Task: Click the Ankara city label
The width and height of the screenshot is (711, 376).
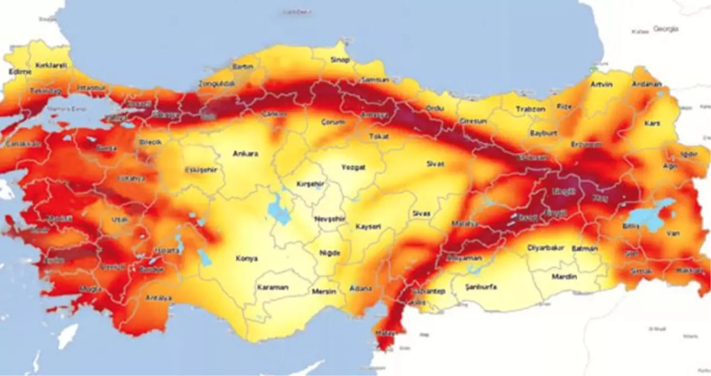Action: click(245, 154)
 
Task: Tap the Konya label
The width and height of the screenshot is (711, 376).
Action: click(246, 258)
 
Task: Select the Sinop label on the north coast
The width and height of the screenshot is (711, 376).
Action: click(340, 60)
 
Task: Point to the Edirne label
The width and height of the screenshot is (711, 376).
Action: click(21, 71)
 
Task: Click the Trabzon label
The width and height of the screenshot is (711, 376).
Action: click(530, 109)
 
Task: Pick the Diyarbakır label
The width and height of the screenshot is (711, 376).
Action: click(546, 248)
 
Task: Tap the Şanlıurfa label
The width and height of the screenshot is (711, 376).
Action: click(481, 287)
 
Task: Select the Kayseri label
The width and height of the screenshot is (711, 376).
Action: click(368, 227)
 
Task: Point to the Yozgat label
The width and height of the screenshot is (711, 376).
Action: click(353, 167)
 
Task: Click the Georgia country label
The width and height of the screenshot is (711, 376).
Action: click(666, 29)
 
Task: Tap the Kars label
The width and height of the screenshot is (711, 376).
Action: click(652, 123)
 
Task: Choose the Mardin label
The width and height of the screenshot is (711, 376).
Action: click(564, 276)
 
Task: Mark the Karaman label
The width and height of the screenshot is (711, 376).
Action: click(272, 287)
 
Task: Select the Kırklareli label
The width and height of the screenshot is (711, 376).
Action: click(51, 65)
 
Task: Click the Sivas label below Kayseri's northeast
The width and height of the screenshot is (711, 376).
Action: click(422, 213)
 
